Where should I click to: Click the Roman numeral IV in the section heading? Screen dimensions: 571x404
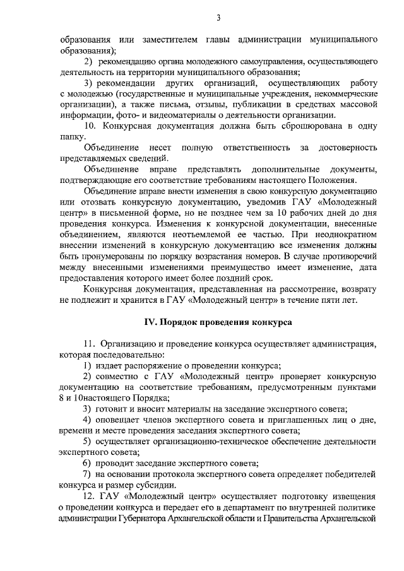150,322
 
